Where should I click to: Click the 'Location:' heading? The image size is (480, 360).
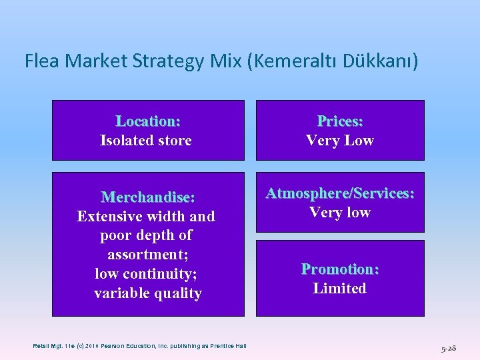click(x=148, y=121)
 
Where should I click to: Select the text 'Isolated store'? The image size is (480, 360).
click(x=145, y=141)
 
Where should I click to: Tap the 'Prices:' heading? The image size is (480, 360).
click(x=340, y=121)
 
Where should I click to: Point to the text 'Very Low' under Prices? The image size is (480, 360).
click(x=340, y=141)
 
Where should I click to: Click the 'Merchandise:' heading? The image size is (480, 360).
click(x=148, y=197)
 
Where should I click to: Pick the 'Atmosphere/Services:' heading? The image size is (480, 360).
click(x=340, y=193)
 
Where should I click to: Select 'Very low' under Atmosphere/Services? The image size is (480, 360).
click(x=340, y=213)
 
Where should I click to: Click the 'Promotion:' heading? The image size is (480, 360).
click(x=340, y=269)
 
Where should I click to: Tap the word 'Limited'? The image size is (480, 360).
click(x=340, y=289)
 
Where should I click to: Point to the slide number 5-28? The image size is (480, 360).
click(x=448, y=348)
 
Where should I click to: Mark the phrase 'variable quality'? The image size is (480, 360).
click(x=148, y=293)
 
